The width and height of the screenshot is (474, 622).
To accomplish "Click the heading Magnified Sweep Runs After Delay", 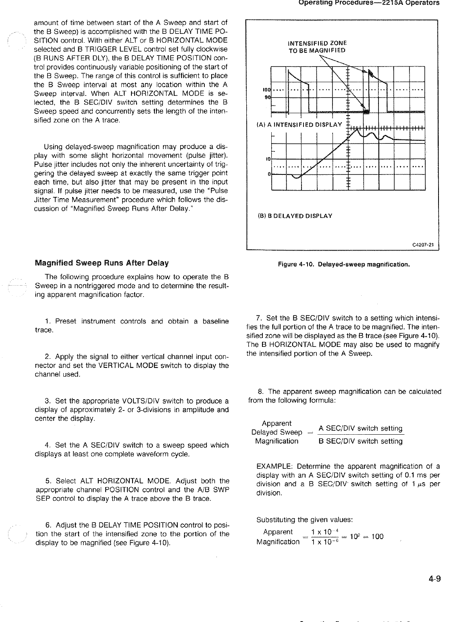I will [102, 263].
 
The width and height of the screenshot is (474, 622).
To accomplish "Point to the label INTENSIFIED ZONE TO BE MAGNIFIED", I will [317, 47].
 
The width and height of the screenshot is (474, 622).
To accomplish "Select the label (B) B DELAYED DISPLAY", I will [295, 216].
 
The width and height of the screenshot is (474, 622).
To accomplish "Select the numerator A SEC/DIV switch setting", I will [360, 428].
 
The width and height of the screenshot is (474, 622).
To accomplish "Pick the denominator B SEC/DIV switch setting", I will [360, 441].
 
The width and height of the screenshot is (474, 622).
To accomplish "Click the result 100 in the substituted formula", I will [377, 537].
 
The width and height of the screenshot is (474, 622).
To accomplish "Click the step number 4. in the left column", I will [47, 445].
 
